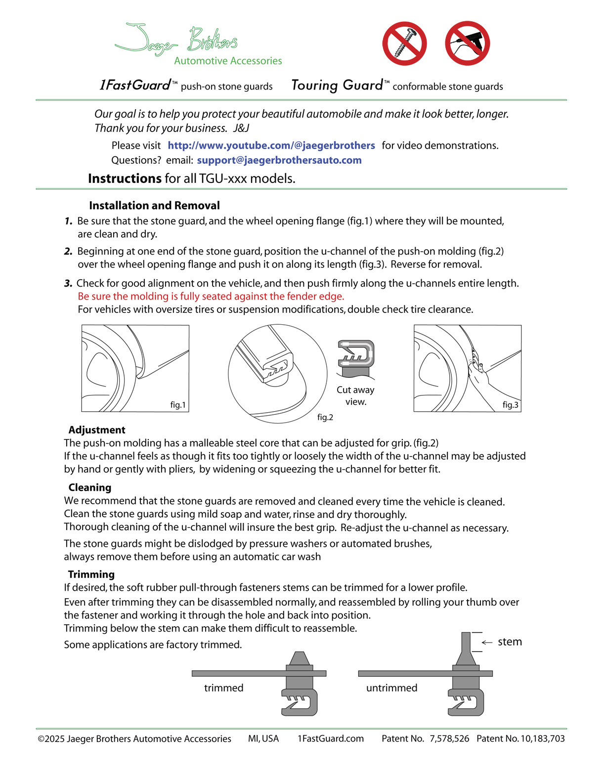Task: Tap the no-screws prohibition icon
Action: tap(404, 43)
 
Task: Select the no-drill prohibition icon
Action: tap(467, 43)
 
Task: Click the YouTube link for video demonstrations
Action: tap(271, 145)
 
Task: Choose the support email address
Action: tap(279, 160)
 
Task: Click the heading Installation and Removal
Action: tap(154, 206)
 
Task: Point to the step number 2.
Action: tap(68, 251)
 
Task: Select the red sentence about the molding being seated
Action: tap(211, 297)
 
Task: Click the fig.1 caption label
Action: tap(178, 405)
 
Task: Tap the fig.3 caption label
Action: tap(510, 405)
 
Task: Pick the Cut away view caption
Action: tap(355, 395)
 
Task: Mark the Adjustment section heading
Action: tap(97, 430)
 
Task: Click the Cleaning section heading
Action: tap(90, 488)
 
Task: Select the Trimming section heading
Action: tap(91, 574)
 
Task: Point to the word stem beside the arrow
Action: tap(510, 642)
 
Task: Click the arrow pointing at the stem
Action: tap(487, 643)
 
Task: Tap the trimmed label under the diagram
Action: tap(223, 688)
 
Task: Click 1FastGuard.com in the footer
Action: tap(330, 739)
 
